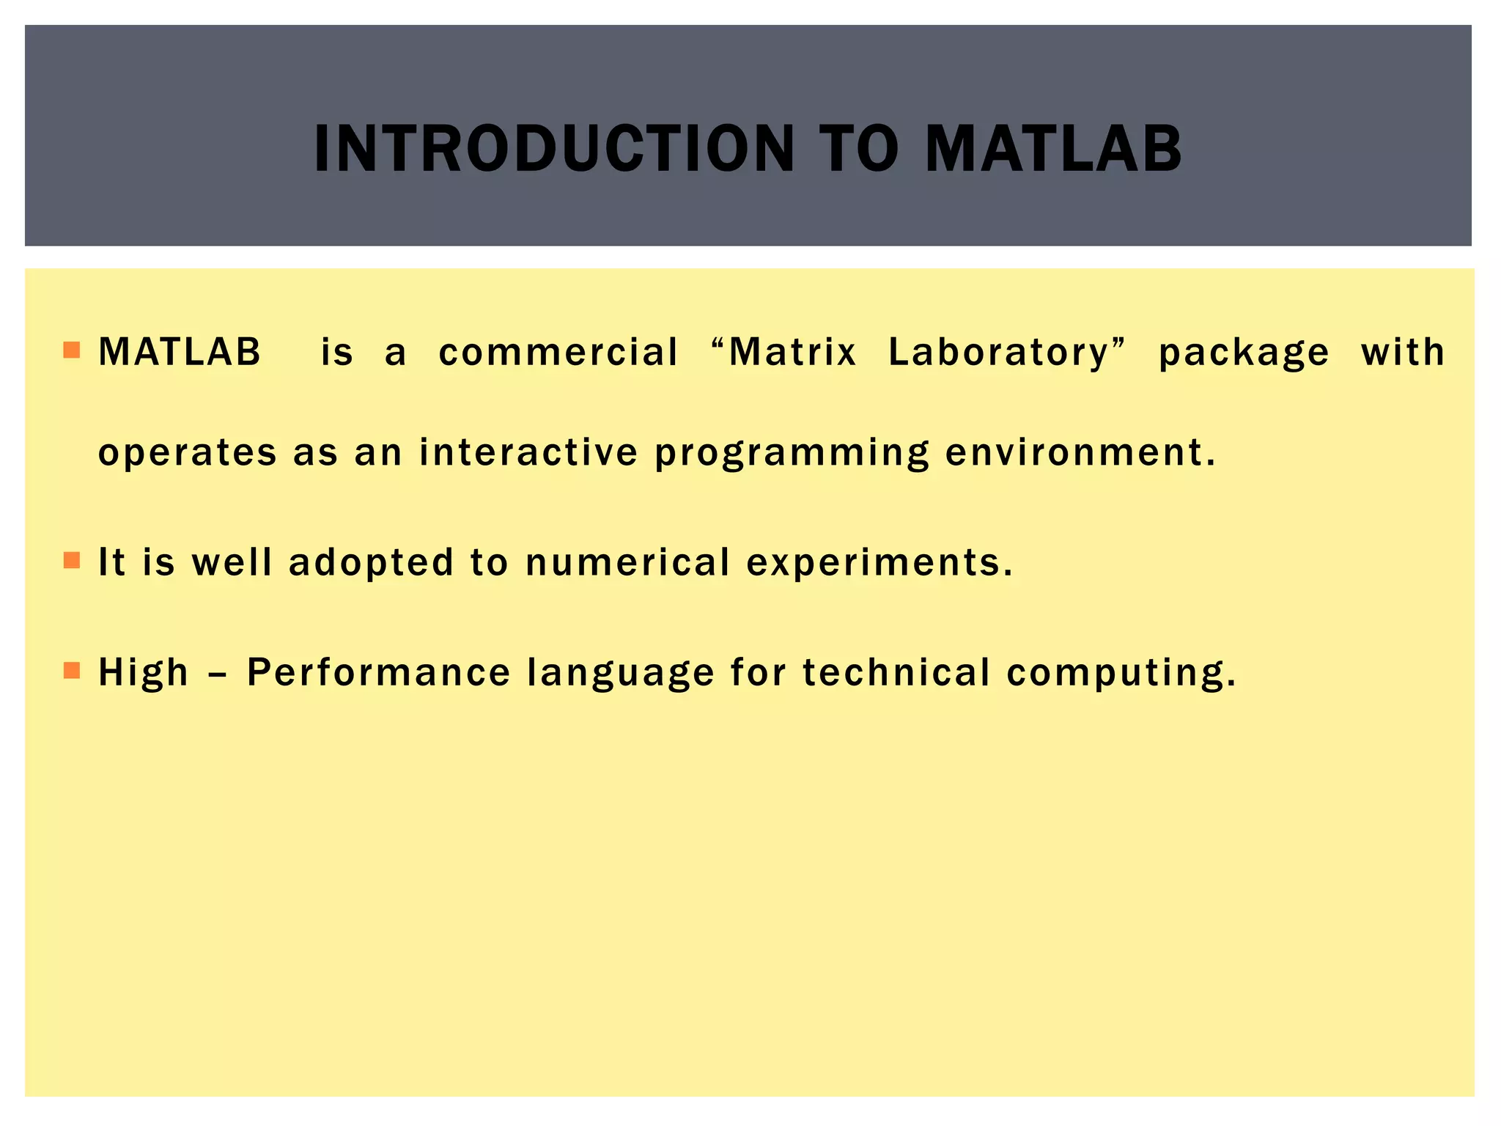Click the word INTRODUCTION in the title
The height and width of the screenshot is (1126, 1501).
pyautogui.click(x=554, y=149)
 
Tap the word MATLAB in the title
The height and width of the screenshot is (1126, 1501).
pyautogui.click(x=1053, y=149)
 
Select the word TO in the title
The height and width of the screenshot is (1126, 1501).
pyautogui.click(x=859, y=149)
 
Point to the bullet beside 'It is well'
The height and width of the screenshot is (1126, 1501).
pyautogui.click(x=71, y=561)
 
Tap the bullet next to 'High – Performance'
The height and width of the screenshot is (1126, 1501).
pyautogui.click(x=71, y=671)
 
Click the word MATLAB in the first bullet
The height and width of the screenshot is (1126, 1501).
pyautogui.click(x=180, y=352)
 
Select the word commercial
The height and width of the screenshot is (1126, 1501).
pyautogui.click(x=558, y=352)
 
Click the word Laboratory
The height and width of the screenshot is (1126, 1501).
pyautogui.click(x=1000, y=353)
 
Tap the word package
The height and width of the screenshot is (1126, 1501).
pyautogui.click(x=1244, y=353)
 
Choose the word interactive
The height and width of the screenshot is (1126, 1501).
pyautogui.click(x=528, y=452)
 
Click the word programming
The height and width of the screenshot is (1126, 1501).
pyautogui.click(x=792, y=453)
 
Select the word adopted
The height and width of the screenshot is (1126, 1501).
pyautogui.click(x=371, y=563)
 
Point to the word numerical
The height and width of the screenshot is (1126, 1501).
pyautogui.click(x=628, y=562)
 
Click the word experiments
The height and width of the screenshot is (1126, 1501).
pyautogui.click(x=879, y=563)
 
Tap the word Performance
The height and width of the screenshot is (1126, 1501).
pyautogui.click(x=379, y=672)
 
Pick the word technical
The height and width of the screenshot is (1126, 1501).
pyautogui.click(x=896, y=672)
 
